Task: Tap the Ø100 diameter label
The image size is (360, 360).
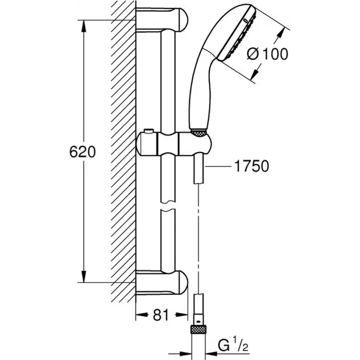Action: (x=267, y=54)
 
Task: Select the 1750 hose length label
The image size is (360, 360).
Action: (x=252, y=166)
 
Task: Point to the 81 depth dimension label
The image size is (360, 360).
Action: (x=160, y=316)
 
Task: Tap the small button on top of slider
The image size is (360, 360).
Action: (x=148, y=131)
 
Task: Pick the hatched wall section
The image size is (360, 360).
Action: (x=122, y=152)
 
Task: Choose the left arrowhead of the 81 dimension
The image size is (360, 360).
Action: (x=140, y=316)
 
